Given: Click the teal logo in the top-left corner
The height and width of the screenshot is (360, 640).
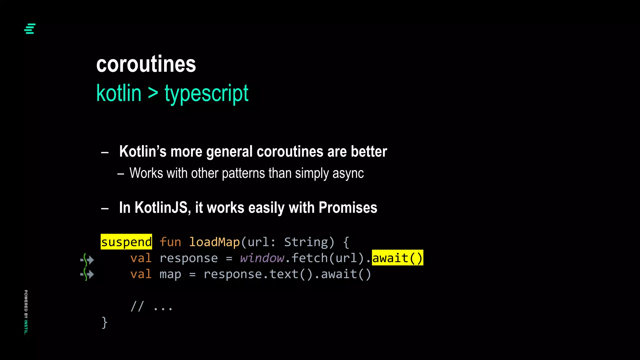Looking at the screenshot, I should click(x=30, y=29).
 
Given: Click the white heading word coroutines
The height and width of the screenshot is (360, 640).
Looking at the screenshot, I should click(x=146, y=64).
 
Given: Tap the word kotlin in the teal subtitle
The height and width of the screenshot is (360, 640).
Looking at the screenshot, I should click(x=119, y=93).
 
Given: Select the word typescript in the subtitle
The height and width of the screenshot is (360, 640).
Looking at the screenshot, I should click(x=206, y=93).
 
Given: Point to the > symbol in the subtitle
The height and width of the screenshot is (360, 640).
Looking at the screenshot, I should click(x=153, y=93).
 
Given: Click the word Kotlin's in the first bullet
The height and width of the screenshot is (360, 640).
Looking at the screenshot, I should click(x=143, y=152).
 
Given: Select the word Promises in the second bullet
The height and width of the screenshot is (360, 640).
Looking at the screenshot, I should click(x=348, y=207).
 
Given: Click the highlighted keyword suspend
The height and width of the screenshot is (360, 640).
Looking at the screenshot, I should click(x=126, y=242).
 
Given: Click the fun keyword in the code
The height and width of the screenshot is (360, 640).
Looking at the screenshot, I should click(x=170, y=242).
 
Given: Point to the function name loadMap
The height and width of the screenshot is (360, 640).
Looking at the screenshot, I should click(x=214, y=242).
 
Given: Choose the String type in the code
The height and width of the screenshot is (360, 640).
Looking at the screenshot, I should click(x=306, y=242).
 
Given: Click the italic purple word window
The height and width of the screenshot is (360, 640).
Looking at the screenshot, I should click(x=262, y=258).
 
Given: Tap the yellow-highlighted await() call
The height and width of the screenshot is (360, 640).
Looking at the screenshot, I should click(x=397, y=258).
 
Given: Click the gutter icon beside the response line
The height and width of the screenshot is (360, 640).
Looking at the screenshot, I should click(x=87, y=259).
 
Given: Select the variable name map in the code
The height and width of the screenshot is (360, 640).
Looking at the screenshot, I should click(x=170, y=274).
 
